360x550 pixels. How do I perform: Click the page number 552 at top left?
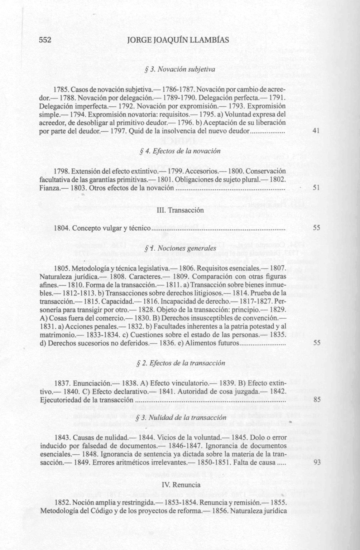[x=46, y=40]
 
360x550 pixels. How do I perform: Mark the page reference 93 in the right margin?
[x=317, y=462]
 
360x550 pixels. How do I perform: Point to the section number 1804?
[x=62, y=228]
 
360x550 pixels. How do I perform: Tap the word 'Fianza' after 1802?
[x=49, y=188]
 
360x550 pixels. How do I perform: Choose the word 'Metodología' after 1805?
[x=89, y=268]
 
